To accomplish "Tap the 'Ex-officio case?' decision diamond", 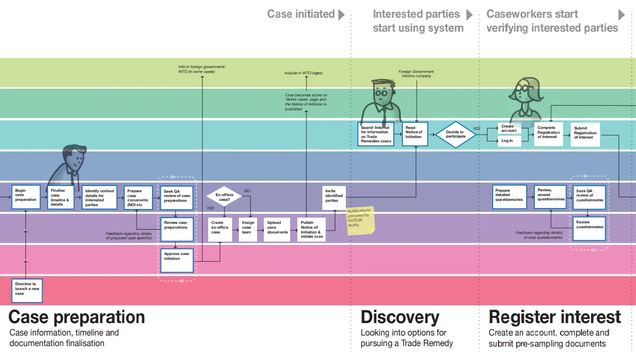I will pos(224,197).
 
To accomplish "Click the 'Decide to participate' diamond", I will pos(455,134).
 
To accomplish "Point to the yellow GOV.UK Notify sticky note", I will pos(360,221).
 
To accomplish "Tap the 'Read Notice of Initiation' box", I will pos(414,134).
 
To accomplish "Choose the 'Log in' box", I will pos(509,141).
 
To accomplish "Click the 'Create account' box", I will pos(509,129).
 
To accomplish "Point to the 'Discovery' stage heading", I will pos(400,317).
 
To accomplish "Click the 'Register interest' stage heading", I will pos(554,317).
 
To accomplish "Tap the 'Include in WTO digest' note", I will pos(303,73).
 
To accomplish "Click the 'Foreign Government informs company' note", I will pos(416,74).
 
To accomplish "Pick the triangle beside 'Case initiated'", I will pos(342,14).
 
